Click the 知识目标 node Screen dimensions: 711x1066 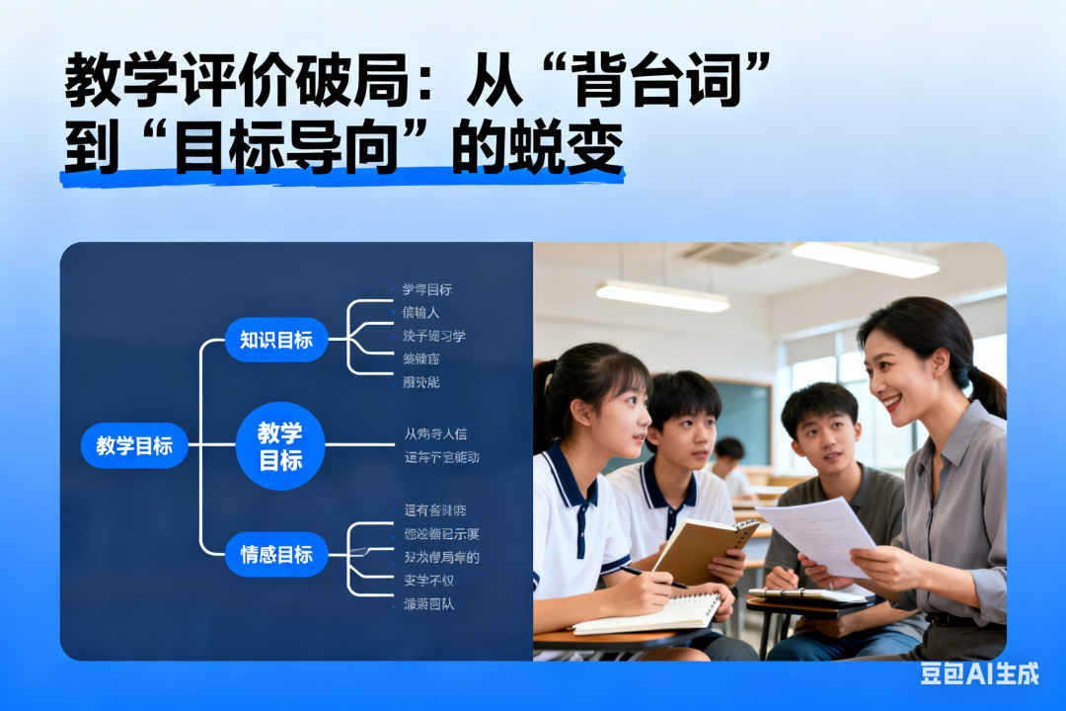point(276,340)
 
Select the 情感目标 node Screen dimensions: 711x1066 point(276,554)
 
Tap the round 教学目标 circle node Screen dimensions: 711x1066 point(280,446)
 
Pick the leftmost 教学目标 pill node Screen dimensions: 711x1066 point(134,445)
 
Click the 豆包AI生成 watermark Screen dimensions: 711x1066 point(979,673)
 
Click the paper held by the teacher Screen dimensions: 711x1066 point(818,532)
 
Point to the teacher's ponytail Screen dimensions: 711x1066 point(987,386)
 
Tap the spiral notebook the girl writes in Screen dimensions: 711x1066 point(647,613)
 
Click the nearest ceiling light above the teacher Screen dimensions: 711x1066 point(865,259)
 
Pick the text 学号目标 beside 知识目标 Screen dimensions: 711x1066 point(427,289)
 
